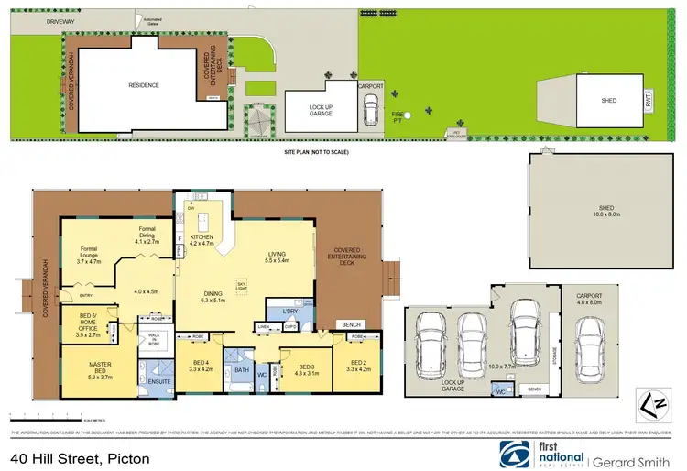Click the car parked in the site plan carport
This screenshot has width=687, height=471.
[371, 109]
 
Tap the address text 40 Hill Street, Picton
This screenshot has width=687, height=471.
[81, 455]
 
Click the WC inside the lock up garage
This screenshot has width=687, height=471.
[500, 391]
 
